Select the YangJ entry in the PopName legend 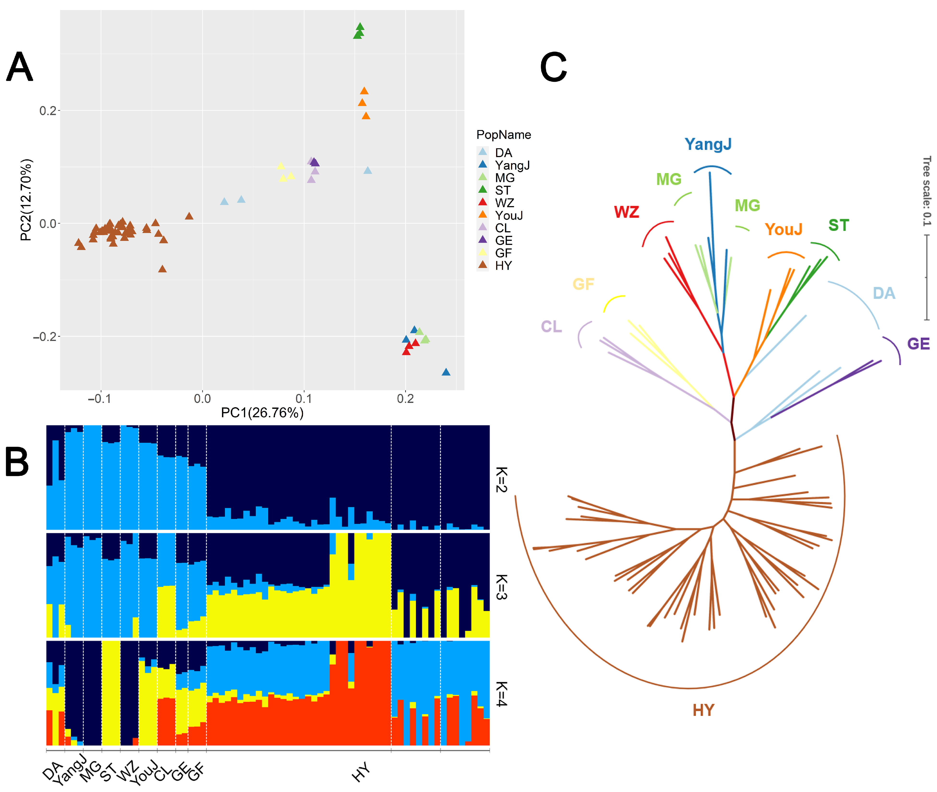tap(512, 166)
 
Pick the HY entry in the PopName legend tap(503, 266)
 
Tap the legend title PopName tap(503, 135)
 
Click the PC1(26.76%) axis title tap(262, 413)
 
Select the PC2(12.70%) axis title tap(26, 200)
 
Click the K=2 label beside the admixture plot tap(502, 480)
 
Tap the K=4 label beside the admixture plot tap(502, 694)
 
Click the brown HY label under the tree tap(703, 710)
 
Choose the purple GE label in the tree tap(918, 344)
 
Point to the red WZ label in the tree tap(626, 212)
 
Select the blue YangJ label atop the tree tap(708, 144)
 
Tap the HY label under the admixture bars tap(361, 772)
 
